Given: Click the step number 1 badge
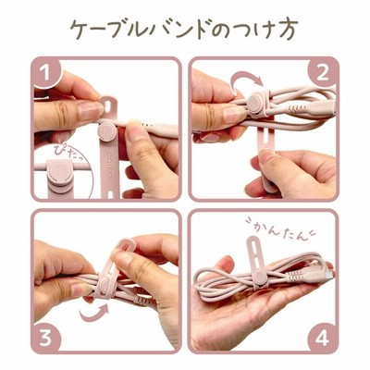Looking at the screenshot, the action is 46,73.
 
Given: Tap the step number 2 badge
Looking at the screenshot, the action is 323,73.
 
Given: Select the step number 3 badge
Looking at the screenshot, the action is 46,338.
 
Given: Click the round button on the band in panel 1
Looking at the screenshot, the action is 107,131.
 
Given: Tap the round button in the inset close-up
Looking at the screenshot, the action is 60,174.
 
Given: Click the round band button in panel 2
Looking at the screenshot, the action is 255,104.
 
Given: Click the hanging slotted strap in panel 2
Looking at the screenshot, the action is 265,154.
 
